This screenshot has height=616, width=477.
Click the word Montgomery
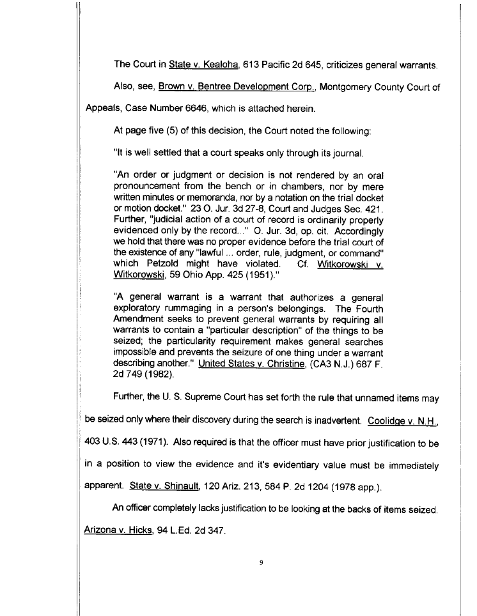[x=360, y=86]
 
